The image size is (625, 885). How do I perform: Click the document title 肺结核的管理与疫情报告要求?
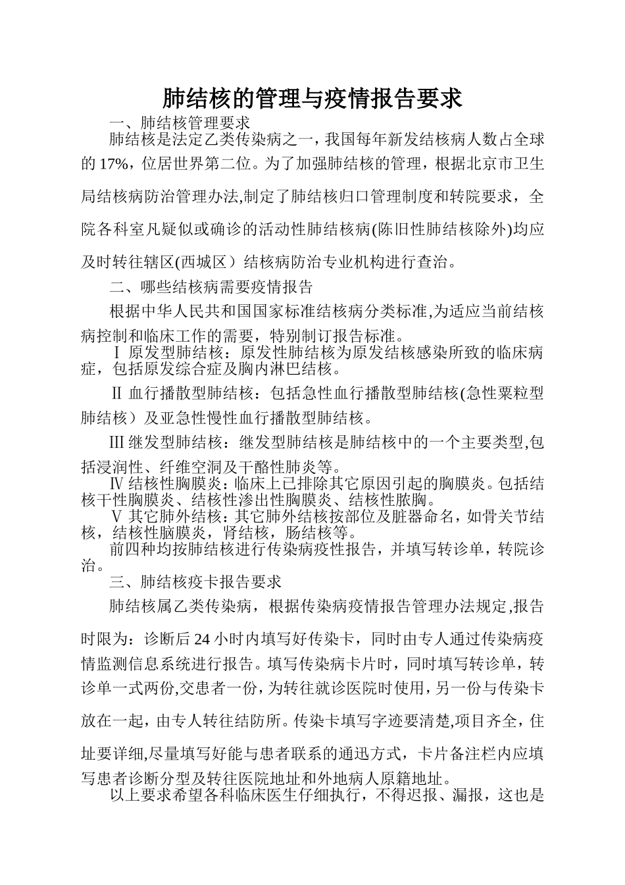[312, 99]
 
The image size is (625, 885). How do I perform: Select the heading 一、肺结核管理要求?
[180, 122]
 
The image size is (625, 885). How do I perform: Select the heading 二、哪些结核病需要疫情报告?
[211, 287]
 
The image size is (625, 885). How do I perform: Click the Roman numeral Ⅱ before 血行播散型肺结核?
[117, 394]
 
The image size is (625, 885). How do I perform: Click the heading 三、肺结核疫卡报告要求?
[195, 582]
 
